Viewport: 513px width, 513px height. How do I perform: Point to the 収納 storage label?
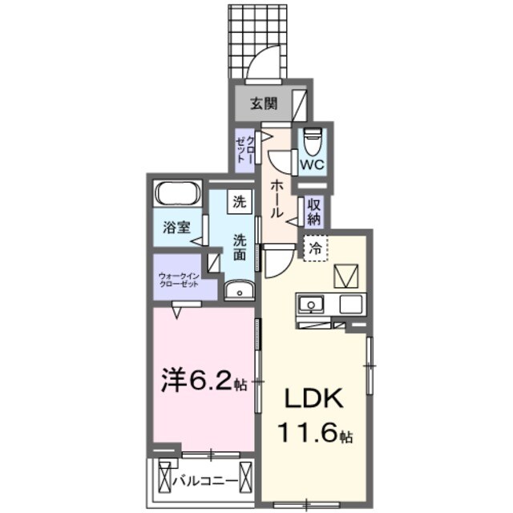[x=313, y=210]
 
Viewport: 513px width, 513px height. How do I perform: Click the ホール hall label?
[x=275, y=198]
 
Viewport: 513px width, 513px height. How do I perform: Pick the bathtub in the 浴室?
[x=179, y=196]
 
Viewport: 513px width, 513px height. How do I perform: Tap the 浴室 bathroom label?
[x=176, y=227]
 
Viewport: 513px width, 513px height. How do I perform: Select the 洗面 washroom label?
[x=240, y=247]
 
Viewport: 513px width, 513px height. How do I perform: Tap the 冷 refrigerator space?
[x=315, y=249]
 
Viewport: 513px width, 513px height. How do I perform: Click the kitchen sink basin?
[x=310, y=305]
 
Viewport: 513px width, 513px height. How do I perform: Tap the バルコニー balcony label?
[x=206, y=481]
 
